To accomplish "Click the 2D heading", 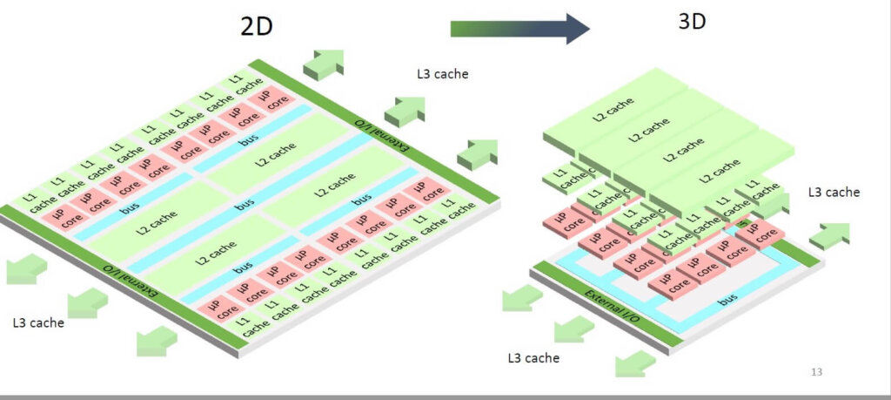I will point(257,26).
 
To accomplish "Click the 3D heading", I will point(693,20).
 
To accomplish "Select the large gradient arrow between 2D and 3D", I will point(519,28).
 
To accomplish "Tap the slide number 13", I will point(816,372).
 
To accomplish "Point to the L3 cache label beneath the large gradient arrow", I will point(443,74).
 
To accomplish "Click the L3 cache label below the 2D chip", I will point(38,322).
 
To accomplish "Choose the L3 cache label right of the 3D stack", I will point(834,192).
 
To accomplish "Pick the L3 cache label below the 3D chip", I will point(533,357).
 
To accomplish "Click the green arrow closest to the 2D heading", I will point(323,63).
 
